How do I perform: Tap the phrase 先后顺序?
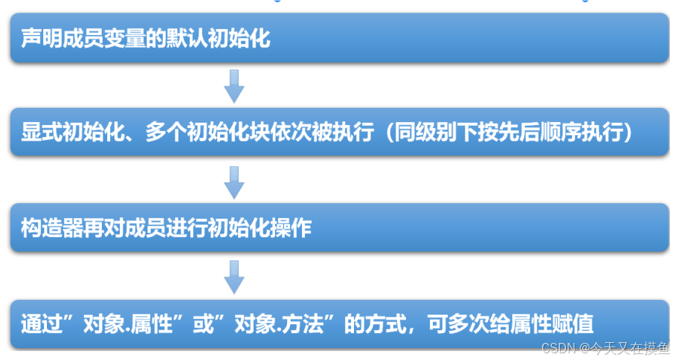coord(549,132)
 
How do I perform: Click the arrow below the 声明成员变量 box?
coord(234,86)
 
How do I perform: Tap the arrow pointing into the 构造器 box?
coord(234,181)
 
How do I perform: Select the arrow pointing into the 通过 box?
coord(234,277)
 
